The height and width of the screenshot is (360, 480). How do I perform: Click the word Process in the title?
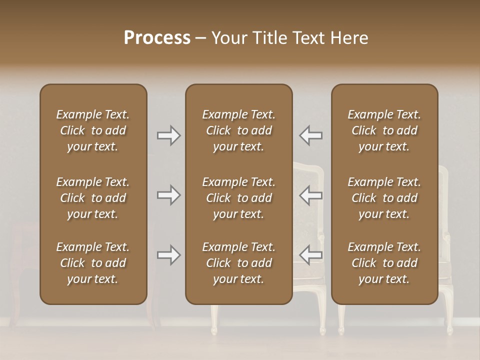[x=157, y=38]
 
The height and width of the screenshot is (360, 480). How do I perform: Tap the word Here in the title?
[x=349, y=38]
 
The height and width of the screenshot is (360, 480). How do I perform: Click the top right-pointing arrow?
[x=169, y=135]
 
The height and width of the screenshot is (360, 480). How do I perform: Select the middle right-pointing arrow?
[x=169, y=195]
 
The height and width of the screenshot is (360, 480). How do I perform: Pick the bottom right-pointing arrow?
[x=169, y=255]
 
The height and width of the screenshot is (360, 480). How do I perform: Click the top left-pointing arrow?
[x=311, y=135]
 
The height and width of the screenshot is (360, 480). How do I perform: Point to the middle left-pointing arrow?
[x=311, y=195]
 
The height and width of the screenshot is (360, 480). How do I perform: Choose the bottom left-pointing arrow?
[x=311, y=255]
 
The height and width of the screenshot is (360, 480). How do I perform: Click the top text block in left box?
[x=93, y=130]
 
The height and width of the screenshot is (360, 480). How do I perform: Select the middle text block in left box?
[x=93, y=198]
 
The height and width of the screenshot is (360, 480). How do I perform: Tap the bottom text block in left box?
[x=93, y=263]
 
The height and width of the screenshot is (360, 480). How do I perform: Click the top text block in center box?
[x=238, y=130]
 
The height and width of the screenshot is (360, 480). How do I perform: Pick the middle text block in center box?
[x=238, y=198]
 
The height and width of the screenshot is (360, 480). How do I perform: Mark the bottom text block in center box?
[x=238, y=263]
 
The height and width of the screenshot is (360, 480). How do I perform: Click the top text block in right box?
[x=384, y=130]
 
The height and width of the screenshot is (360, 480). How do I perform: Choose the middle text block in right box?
[x=384, y=198]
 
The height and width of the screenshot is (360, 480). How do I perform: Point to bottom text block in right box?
[x=384, y=263]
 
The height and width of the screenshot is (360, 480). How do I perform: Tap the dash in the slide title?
[x=200, y=38]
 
